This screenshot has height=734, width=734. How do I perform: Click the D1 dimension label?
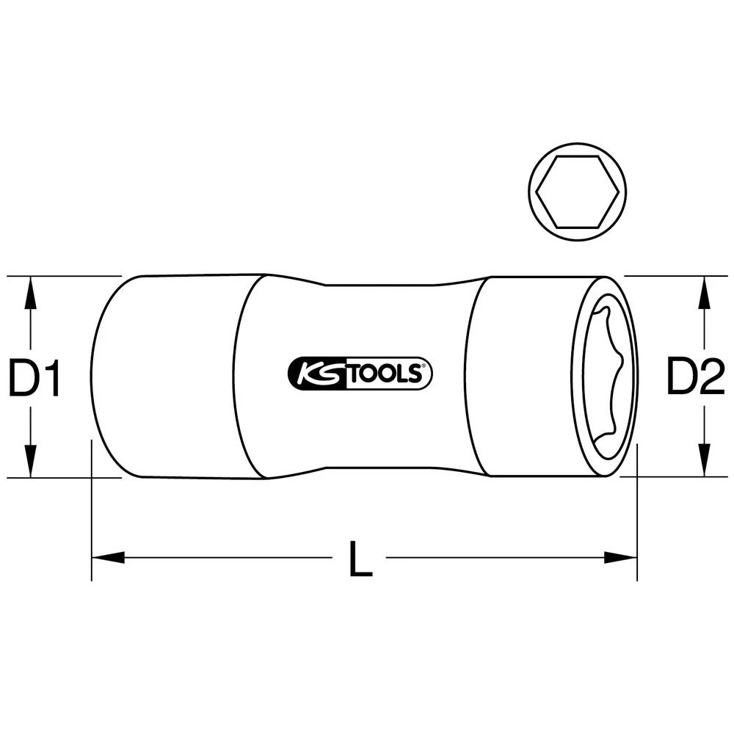point(34,378)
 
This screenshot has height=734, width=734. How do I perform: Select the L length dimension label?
point(360,559)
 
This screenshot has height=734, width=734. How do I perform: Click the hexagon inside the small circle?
point(578,192)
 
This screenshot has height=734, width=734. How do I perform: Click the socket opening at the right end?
point(605,377)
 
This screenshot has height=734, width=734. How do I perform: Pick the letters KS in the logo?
point(316,374)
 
